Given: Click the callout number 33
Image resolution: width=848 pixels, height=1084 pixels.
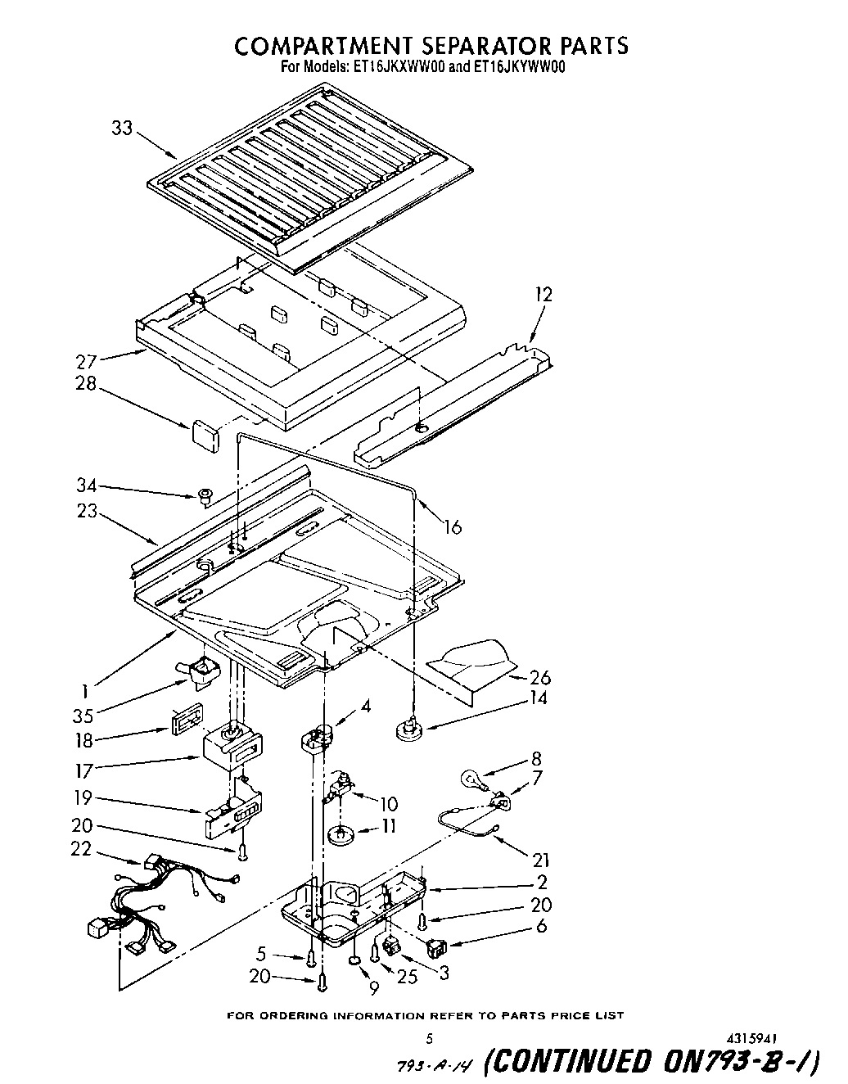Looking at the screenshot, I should click(x=121, y=128).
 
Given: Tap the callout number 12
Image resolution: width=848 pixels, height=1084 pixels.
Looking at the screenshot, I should click(x=543, y=294).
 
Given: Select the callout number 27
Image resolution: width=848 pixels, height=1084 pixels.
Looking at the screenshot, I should click(x=87, y=361).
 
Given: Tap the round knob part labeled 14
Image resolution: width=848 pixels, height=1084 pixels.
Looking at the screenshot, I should click(x=408, y=728).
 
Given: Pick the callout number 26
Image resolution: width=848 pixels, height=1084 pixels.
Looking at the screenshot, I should click(x=540, y=677).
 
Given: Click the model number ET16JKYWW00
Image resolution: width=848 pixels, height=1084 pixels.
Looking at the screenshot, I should click(x=519, y=68).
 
